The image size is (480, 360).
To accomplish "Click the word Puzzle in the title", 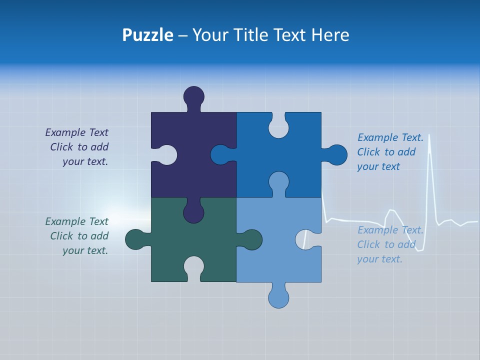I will [x=147, y=35].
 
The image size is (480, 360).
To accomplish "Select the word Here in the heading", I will [x=330, y=35].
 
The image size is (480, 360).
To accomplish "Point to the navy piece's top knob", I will [x=194, y=96].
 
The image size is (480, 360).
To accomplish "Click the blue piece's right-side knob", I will [x=336, y=155].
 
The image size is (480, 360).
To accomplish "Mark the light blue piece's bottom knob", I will [x=278, y=297].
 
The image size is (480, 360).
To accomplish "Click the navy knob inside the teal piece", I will [x=193, y=212].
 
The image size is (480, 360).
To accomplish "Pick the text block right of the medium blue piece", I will [x=390, y=152].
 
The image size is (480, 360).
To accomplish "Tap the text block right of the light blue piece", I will [x=390, y=244].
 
